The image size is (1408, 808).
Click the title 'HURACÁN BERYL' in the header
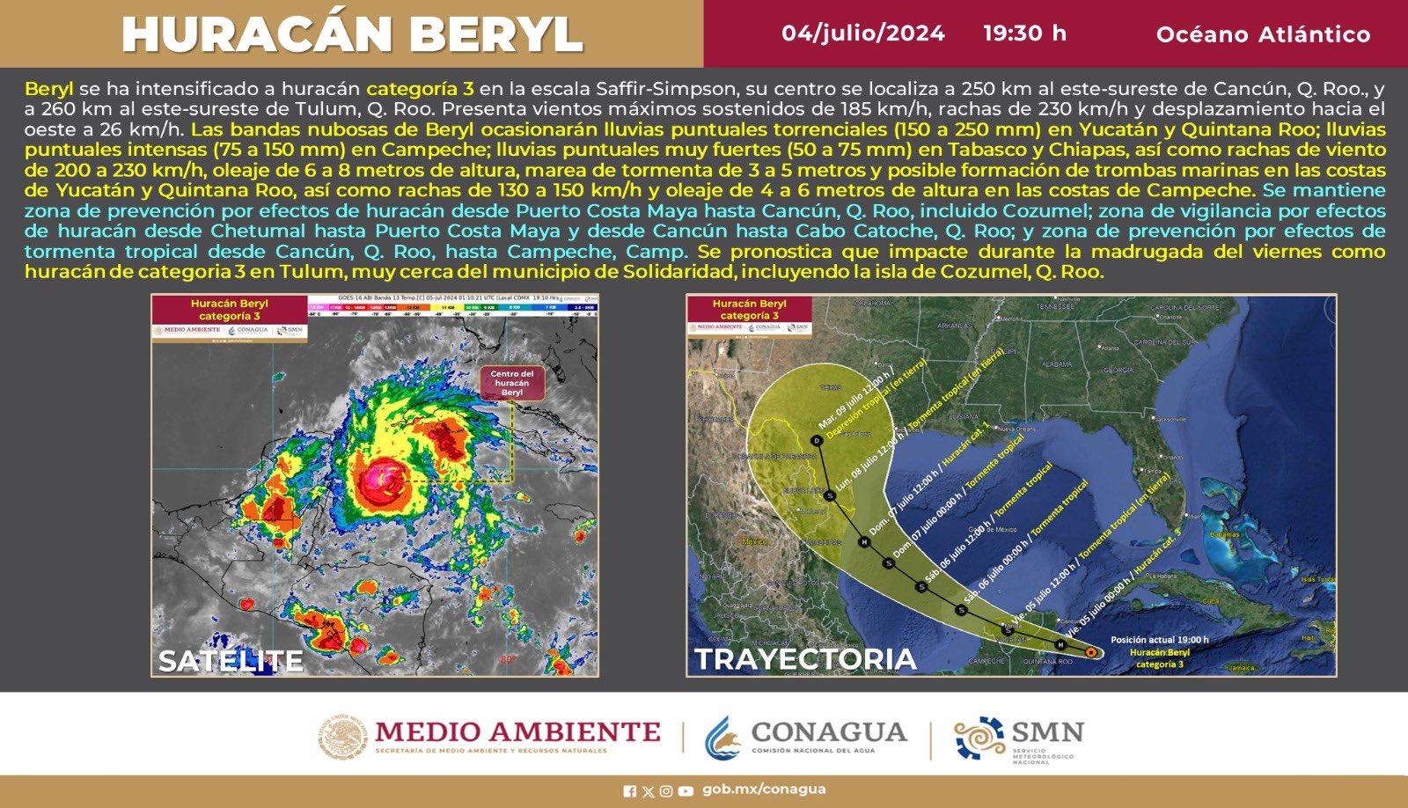[352, 34]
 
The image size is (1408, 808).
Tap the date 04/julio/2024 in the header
[862, 33]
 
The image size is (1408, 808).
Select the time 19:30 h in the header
[1024, 33]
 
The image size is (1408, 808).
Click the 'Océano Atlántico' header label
[1263, 34]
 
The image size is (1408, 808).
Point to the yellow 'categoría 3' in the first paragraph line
[420, 89]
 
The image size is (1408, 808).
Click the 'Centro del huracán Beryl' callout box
[512, 383]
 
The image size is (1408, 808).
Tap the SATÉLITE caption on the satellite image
[231, 660]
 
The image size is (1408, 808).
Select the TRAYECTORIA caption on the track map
[806, 659]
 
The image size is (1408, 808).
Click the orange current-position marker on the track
[1091, 652]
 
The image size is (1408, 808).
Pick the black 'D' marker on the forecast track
[818, 440]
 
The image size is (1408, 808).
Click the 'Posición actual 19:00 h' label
[1159, 640]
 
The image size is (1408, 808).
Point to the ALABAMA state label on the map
[1057, 364]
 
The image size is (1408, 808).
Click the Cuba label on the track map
[1212, 601]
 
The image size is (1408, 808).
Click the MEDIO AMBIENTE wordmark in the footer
[517, 732]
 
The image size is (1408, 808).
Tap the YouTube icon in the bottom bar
[686, 790]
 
